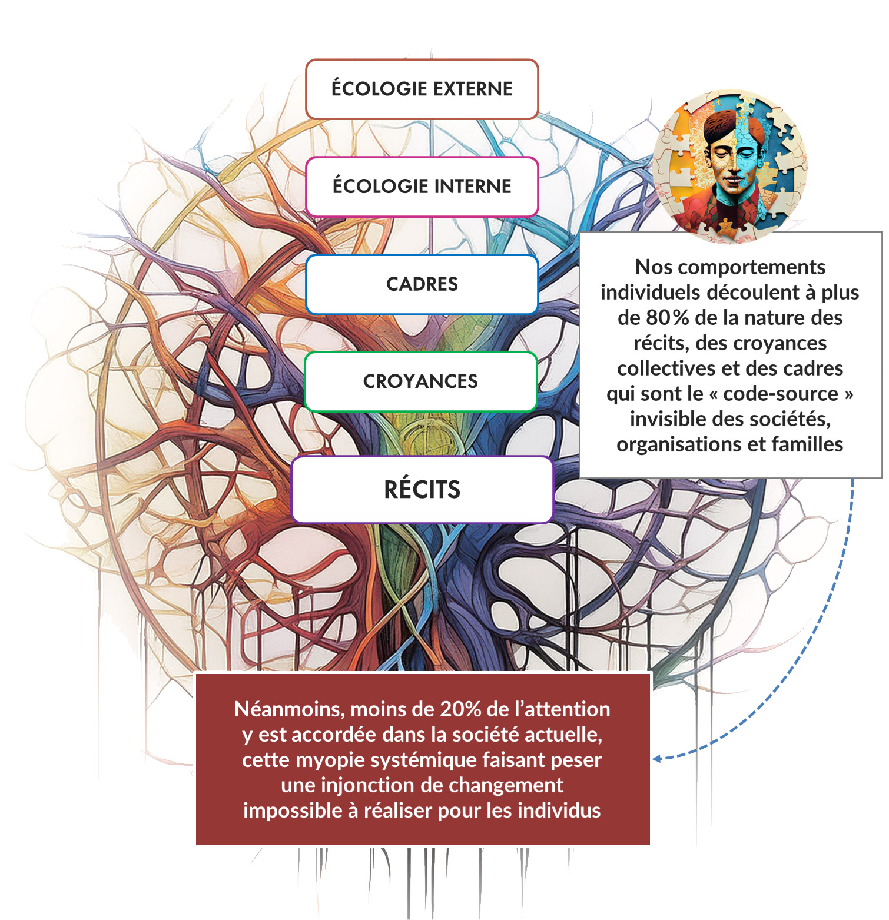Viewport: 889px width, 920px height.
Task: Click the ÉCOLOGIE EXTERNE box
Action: point(422,89)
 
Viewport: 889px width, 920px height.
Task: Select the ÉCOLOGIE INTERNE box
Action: point(422,187)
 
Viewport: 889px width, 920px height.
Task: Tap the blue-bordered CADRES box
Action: point(422,284)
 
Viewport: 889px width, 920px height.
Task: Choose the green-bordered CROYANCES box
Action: point(420,381)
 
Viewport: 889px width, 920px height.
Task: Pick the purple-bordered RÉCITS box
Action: point(422,490)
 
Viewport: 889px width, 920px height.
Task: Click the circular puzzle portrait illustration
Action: point(730,167)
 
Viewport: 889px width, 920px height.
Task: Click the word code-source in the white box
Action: point(781,394)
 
